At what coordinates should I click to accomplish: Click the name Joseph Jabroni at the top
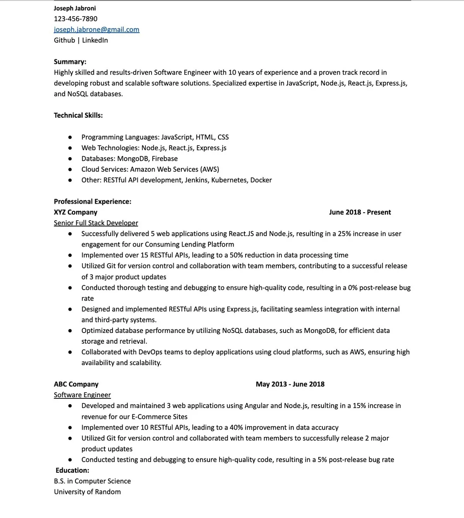[x=75, y=8]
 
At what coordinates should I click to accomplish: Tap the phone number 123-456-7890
[x=75, y=19]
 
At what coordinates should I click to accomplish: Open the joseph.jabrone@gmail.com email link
[x=96, y=29]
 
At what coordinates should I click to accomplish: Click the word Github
[x=64, y=40]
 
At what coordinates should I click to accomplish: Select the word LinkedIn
[x=95, y=40]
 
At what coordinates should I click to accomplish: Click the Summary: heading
[x=70, y=62]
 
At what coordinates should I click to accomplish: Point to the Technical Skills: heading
[x=78, y=115]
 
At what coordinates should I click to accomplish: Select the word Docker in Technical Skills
[x=261, y=180]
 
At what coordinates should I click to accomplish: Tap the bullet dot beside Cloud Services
[x=70, y=169]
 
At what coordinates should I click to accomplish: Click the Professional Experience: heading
[x=92, y=201]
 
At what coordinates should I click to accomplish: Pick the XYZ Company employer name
[x=75, y=212]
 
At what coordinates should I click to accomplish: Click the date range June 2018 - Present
[x=360, y=212]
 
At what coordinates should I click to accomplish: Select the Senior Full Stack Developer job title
[x=96, y=223]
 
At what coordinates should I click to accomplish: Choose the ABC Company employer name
[x=76, y=384]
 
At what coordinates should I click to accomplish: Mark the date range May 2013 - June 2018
[x=290, y=384]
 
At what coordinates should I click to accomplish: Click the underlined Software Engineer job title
[x=82, y=395]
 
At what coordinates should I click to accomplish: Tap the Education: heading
[x=72, y=470]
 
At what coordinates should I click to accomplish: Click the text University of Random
[x=87, y=492]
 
